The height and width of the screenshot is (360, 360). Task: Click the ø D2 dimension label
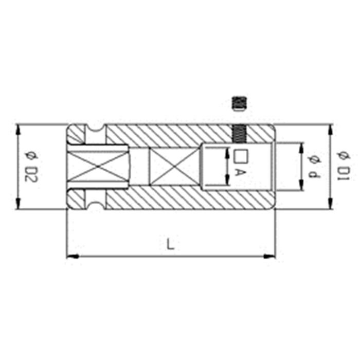click(x=31, y=167)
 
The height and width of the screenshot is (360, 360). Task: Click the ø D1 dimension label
click(x=344, y=166)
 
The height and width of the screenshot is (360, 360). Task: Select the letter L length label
click(x=170, y=244)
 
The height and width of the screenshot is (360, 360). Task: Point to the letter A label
click(x=240, y=173)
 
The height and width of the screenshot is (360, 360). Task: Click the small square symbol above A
click(x=241, y=156)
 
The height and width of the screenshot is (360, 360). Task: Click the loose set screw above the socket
click(x=239, y=104)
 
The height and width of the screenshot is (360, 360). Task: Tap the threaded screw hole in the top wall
click(x=239, y=133)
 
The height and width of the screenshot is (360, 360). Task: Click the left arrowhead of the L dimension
click(x=73, y=256)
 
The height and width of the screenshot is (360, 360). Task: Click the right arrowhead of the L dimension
click(x=269, y=256)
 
